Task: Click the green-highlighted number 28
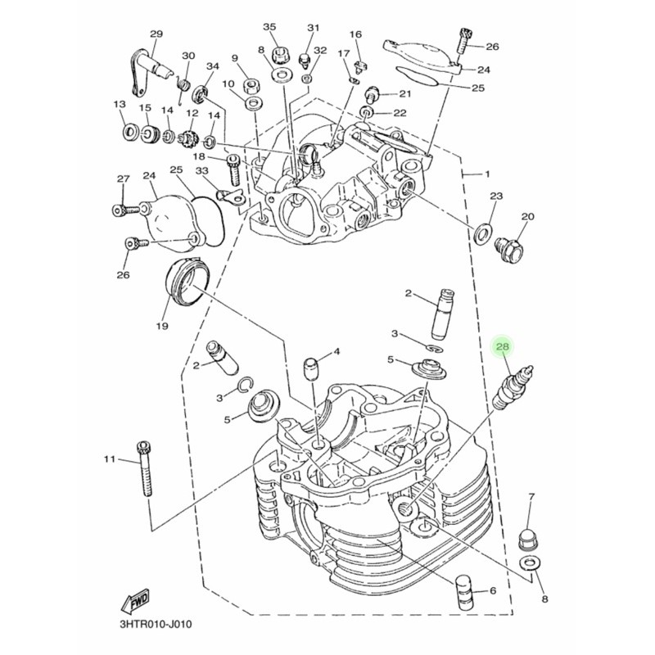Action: (x=503, y=347)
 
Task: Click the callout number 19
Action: (x=161, y=326)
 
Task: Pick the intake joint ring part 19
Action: (x=185, y=282)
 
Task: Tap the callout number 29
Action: (x=156, y=34)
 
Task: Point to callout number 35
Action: (x=269, y=27)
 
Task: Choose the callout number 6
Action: (x=493, y=591)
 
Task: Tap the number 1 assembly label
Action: (x=488, y=174)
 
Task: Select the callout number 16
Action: (x=355, y=34)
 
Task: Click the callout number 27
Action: (x=123, y=178)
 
